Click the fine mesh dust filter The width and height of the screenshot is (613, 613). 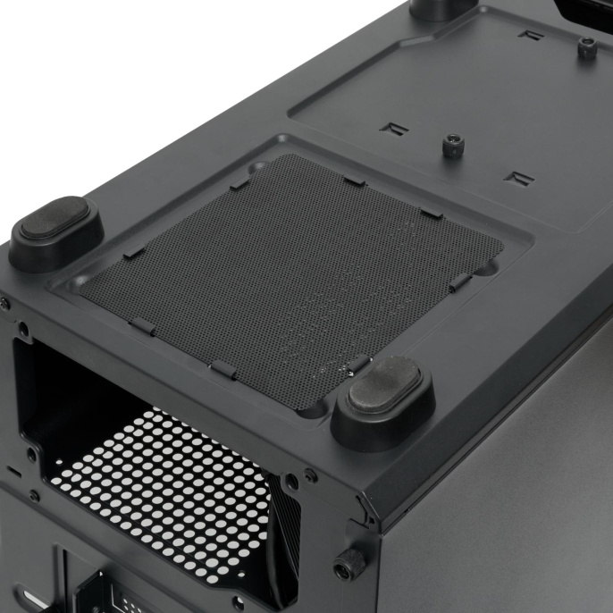295,268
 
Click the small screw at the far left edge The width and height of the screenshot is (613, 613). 4,303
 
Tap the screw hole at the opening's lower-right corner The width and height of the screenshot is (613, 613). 291,483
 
